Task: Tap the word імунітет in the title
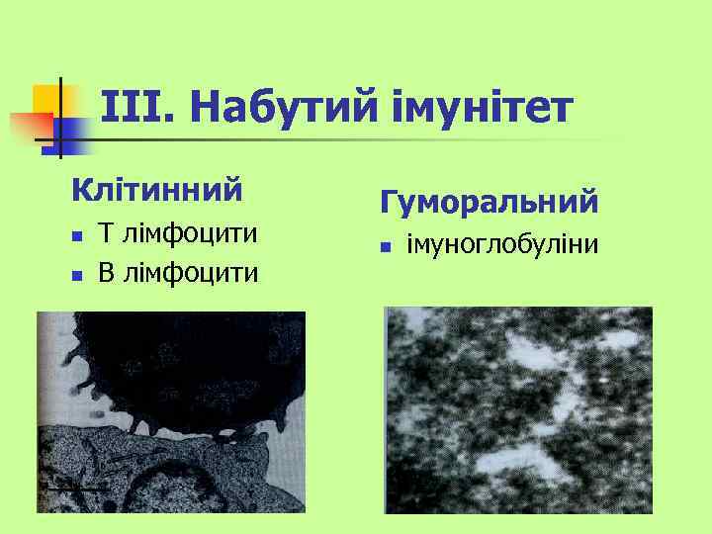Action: click(482, 109)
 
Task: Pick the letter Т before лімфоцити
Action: click(106, 234)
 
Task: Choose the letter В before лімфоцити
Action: click(106, 271)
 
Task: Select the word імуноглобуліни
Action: click(501, 243)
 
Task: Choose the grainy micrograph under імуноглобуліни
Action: click(518, 409)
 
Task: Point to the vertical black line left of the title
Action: click(60, 119)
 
